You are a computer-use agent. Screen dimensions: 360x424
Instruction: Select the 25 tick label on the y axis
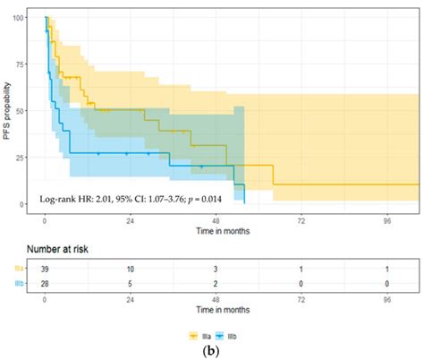point(31,158)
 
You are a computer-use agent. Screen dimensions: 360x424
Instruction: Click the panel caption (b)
point(212,350)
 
